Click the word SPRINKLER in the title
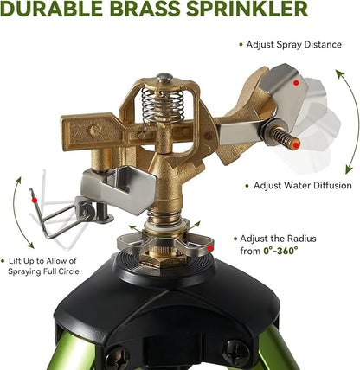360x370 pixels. click(247, 9)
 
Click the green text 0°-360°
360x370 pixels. click(280, 251)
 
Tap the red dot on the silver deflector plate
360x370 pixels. click(296, 83)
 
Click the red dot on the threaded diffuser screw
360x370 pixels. click(296, 145)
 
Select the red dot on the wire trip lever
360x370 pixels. click(35, 200)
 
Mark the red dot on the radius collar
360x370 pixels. click(210, 248)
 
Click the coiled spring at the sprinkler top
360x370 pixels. click(163, 105)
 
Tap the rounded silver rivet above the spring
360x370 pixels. click(164, 77)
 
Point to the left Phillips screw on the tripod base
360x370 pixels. click(117, 359)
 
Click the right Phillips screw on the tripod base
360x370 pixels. click(235, 353)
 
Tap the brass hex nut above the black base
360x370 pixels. click(162, 260)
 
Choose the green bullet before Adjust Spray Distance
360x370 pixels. click(241, 45)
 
